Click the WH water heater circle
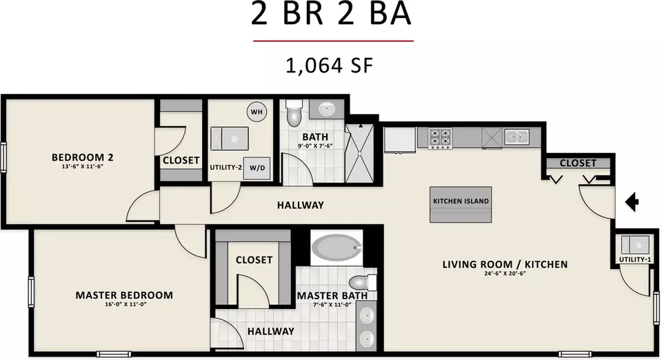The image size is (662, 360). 257,112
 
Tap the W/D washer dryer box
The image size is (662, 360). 257,168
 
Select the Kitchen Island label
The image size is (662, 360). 461,201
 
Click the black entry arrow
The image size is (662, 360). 632,201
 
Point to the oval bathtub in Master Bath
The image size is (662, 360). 337,248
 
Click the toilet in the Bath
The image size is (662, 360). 294,112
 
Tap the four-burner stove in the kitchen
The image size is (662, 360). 441,138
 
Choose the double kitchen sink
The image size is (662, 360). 517,137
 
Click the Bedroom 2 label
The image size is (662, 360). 82,157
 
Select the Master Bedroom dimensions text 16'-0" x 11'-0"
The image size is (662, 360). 126,304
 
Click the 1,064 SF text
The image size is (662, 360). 330,66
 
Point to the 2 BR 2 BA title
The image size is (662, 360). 331,14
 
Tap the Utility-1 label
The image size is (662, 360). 635,259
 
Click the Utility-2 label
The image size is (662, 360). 226,168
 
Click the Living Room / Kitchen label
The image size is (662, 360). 505,264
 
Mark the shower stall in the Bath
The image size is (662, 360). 359,153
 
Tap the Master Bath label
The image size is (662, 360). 332,295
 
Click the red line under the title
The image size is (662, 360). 333,41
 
